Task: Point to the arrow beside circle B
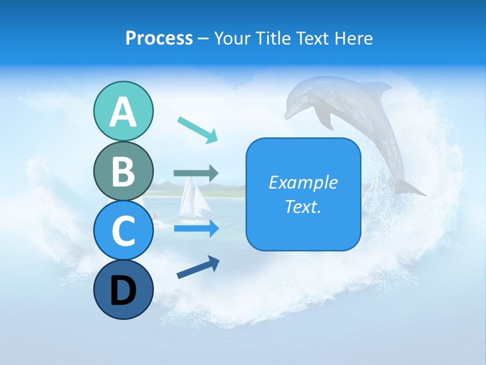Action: (x=196, y=173)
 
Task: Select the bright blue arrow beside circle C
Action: (x=196, y=229)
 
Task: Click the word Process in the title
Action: (x=159, y=38)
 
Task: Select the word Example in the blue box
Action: (x=303, y=182)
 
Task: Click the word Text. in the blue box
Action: (x=303, y=206)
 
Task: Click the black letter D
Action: (x=123, y=291)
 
